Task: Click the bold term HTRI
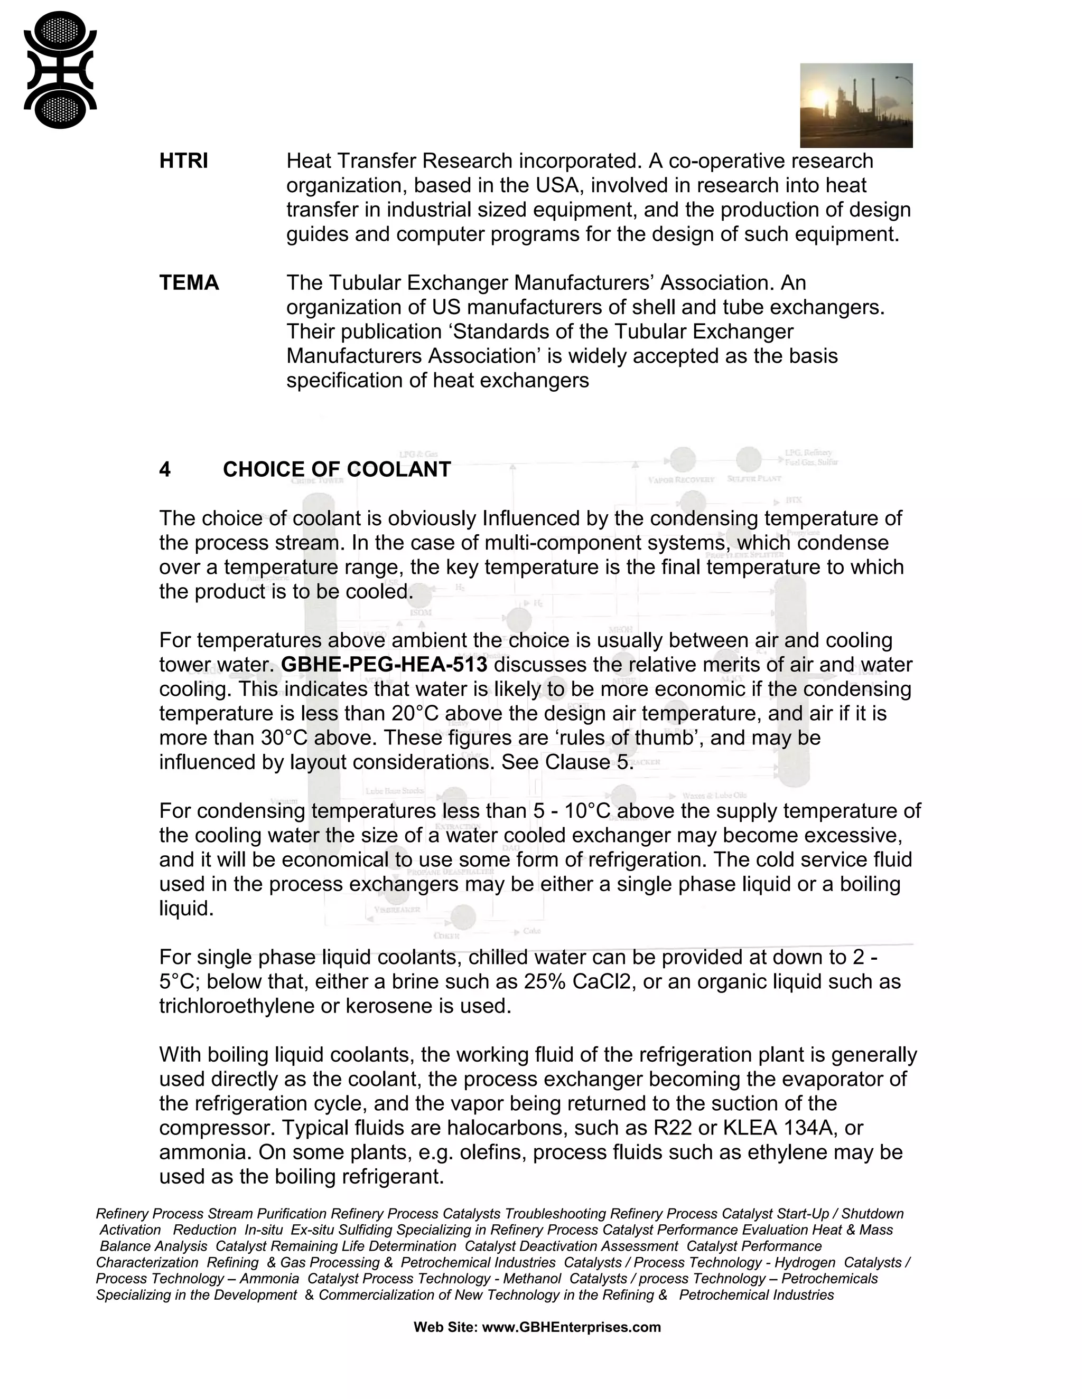click(x=183, y=161)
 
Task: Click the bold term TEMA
click(x=189, y=282)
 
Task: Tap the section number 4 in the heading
click(x=165, y=469)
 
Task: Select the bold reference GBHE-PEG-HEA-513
click(x=384, y=665)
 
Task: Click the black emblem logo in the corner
click(x=60, y=70)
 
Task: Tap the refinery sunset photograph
click(x=856, y=105)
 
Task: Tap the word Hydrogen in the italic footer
click(x=805, y=1263)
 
